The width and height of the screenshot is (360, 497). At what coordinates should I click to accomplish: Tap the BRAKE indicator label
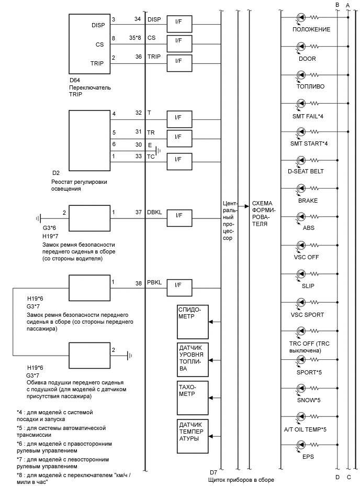tap(308, 201)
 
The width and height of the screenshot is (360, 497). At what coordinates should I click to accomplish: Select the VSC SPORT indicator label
tap(308, 315)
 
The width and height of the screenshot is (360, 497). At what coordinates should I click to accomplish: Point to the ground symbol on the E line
tap(159, 151)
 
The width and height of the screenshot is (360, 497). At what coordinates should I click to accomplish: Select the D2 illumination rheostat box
tap(89, 140)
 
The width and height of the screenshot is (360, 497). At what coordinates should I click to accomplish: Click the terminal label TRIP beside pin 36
tap(154, 57)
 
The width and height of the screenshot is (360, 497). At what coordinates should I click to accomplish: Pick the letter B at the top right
tap(337, 5)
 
